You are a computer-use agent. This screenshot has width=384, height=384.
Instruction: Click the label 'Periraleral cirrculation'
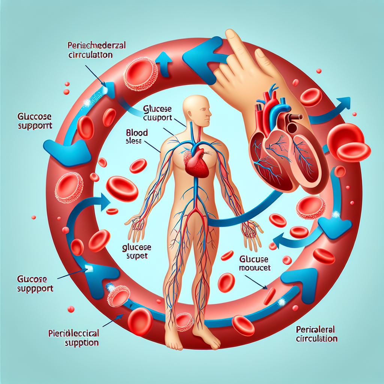tap(316, 334)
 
